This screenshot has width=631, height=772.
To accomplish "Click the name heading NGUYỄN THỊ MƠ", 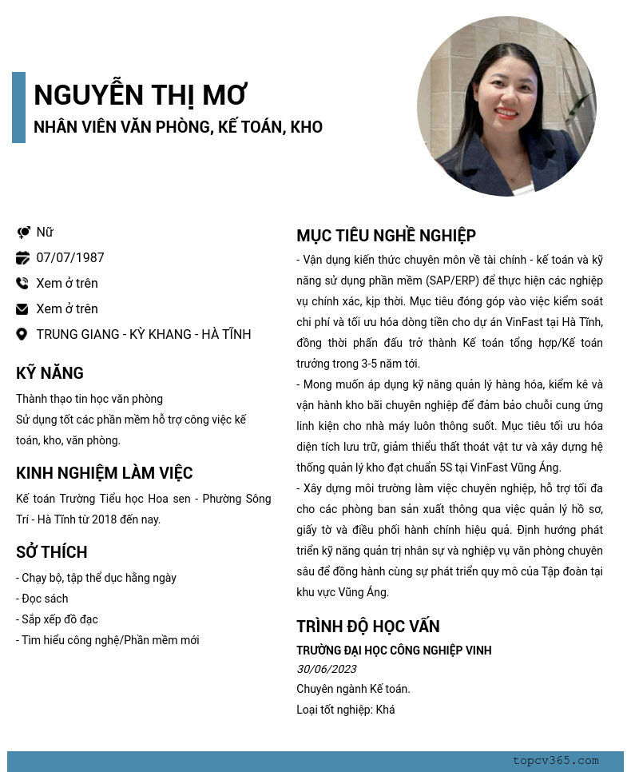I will (141, 95).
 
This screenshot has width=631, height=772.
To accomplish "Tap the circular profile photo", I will (506, 106).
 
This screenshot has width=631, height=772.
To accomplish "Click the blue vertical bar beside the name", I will (18, 107).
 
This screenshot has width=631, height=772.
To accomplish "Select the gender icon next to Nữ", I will (22, 233).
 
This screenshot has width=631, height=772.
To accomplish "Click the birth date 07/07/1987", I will (70, 257).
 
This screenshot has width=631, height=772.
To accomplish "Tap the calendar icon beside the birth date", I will (22, 258).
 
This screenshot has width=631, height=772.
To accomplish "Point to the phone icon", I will (22, 284).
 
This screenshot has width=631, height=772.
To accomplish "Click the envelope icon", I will (22, 309).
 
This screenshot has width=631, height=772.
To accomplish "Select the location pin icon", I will (22, 335).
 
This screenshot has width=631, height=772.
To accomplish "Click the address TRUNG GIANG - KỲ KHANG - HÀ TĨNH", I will (144, 334).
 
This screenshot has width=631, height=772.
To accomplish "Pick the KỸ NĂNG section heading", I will (50, 373).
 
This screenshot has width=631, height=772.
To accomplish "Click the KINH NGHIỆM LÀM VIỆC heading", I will (105, 473).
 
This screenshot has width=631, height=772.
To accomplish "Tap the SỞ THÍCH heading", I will (52, 552).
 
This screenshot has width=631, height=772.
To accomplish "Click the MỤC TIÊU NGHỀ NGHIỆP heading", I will (386, 236).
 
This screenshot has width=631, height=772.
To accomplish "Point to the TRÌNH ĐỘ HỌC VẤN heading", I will (368, 627).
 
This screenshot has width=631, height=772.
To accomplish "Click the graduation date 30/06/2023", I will (326, 669).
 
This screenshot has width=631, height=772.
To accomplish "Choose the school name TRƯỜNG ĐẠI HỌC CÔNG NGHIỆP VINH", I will (394, 651).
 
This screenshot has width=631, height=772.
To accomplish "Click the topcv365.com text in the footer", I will (556, 761).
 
